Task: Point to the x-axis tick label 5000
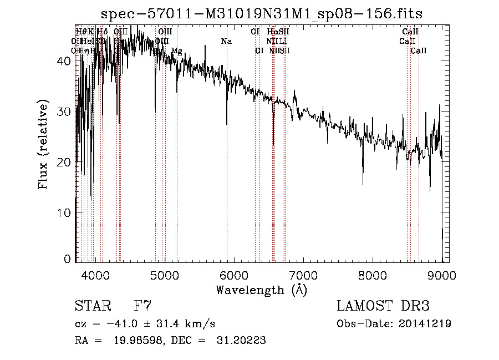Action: pyautogui.click(x=165, y=276)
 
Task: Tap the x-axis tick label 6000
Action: pyautogui.click(x=234, y=276)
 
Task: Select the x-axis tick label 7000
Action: pyautogui.click(x=303, y=276)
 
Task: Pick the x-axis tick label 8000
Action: pyautogui.click(x=373, y=276)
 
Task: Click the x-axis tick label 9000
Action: pyautogui.click(x=442, y=276)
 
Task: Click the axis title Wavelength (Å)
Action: pyautogui.click(x=261, y=290)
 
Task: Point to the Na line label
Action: pyautogui.click(x=226, y=42)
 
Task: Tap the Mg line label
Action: pyautogui.click(x=176, y=51)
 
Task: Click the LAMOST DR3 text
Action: pyautogui.click(x=383, y=306)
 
